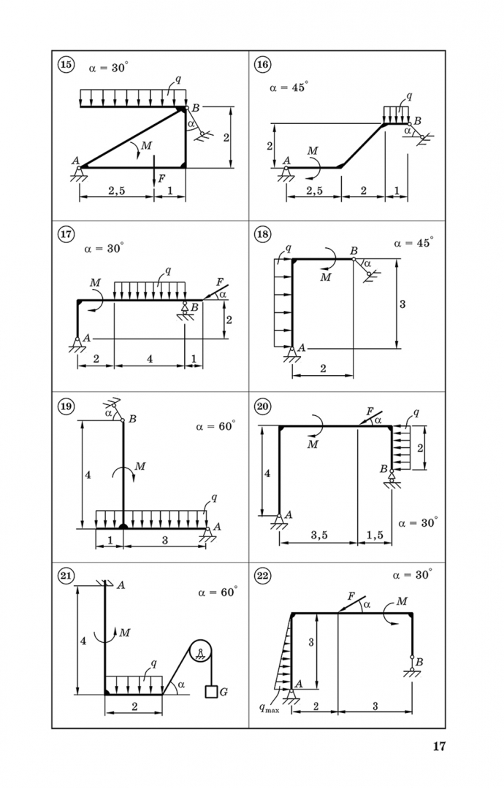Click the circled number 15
(x=66, y=65)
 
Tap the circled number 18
(x=262, y=234)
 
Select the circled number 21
(x=66, y=576)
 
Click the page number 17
(x=439, y=746)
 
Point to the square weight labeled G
(x=211, y=692)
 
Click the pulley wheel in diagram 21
(x=200, y=652)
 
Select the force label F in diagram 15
(x=161, y=178)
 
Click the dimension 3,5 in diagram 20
(x=319, y=536)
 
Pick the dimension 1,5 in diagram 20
(x=375, y=536)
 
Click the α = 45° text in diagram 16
(x=289, y=87)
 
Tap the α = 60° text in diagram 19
(x=215, y=426)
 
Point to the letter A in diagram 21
(x=121, y=585)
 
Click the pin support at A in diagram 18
(x=291, y=355)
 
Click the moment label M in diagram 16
(x=313, y=151)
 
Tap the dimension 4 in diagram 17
(x=150, y=359)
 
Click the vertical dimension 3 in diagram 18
(x=402, y=304)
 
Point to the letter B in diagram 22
(x=419, y=663)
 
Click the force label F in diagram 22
(x=351, y=597)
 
